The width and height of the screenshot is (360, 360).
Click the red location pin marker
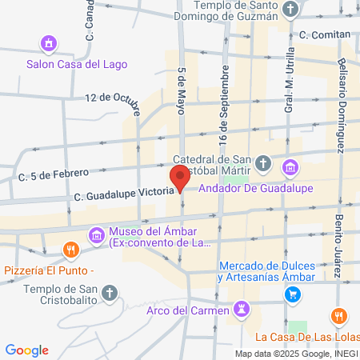coord(179,178)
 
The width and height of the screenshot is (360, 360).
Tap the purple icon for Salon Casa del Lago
coord(50,42)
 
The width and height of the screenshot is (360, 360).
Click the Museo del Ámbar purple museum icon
coord(97,234)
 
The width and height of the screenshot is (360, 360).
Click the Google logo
coord(26,350)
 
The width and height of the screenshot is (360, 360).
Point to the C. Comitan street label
coord(325,34)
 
